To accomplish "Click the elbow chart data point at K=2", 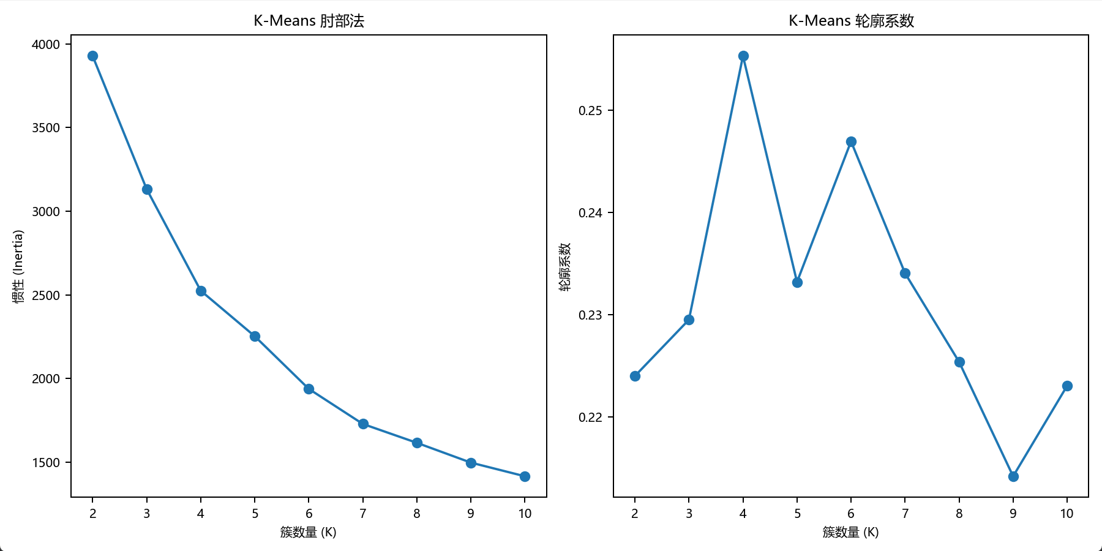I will [x=92, y=56].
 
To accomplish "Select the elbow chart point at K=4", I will [x=201, y=291].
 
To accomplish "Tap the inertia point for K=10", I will [x=525, y=476].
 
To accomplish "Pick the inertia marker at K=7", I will [x=363, y=424].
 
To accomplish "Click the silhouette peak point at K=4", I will [x=743, y=56].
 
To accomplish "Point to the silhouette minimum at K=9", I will [x=1013, y=476].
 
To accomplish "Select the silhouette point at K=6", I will [x=851, y=141].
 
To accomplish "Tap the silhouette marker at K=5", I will [x=797, y=282].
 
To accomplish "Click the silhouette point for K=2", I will [x=635, y=376].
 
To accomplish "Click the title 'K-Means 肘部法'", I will [x=309, y=21].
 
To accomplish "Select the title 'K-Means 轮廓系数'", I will [x=851, y=21].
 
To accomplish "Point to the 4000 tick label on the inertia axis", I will [x=46, y=44].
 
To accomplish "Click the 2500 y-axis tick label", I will [x=46, y=295].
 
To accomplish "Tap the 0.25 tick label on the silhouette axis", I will [x=590, y=111].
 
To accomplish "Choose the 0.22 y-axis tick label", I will [x=590, y=418].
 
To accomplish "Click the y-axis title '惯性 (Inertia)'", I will [x=18, y=266].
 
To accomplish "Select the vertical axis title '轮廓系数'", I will [x=564, y=266].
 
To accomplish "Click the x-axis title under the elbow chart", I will [x=309, y=532].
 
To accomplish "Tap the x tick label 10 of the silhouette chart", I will [x=1067, y=514].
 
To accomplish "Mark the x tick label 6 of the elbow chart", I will [x=309, y=514].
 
